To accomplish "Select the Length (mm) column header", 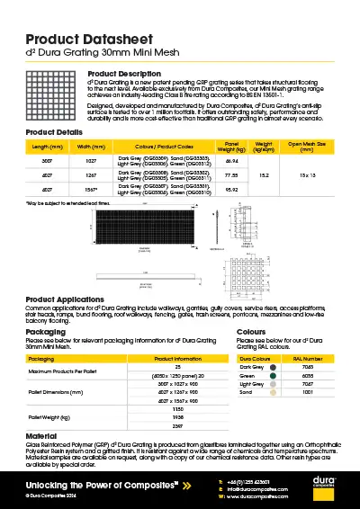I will click(x=47, y=145).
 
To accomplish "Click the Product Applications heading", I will click(x=71, y=299).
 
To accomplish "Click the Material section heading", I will click(x=41, y=436).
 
